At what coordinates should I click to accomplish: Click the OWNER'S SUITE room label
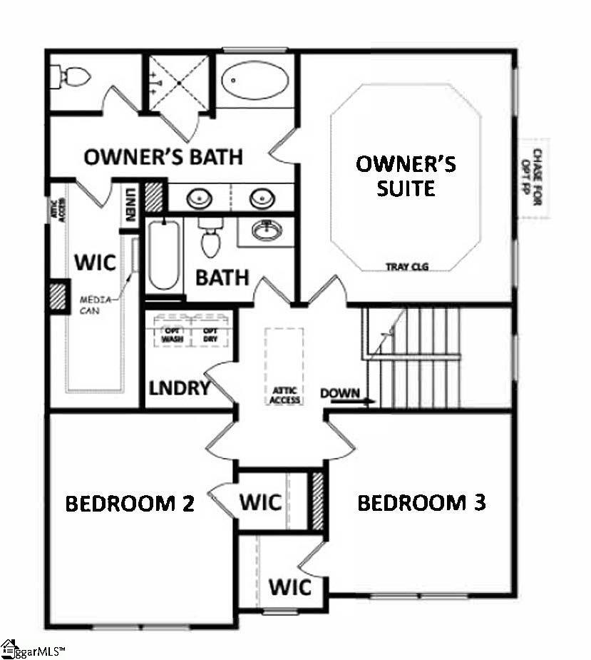(x=406, y=176)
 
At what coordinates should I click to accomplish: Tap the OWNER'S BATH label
(x=163, y=157)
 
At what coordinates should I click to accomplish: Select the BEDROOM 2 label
(x=130, y=503)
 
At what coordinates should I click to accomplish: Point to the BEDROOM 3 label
(x=421, y=502)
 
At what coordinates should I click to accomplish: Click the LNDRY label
(x=179, y=388)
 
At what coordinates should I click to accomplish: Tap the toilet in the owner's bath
(x=70, y=73)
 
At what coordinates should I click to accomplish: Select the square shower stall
(x=178, y=83)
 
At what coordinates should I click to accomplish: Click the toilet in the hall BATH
(x=210, y=238)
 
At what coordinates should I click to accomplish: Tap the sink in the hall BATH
(x=266, y=230)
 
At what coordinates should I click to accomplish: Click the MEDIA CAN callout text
(x=95, y=303)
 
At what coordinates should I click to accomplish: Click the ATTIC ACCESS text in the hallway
(x=284, y=395)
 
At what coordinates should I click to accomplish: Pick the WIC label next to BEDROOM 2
(x=259, y=502)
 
